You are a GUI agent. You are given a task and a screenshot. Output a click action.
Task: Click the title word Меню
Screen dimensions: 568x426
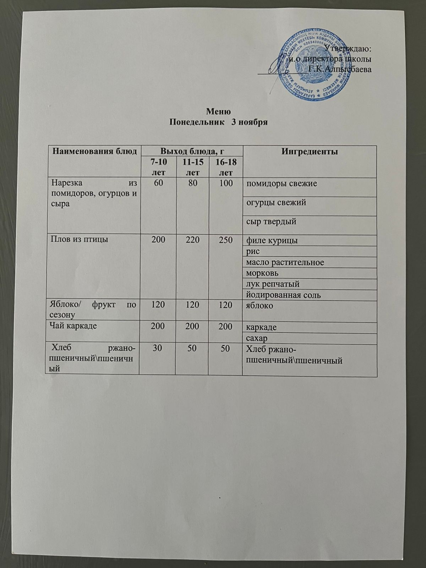pyautogui.click(x=218, y=111)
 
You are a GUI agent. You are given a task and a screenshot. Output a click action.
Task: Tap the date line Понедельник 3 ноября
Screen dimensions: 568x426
pyautogui.click(x=218, y=122)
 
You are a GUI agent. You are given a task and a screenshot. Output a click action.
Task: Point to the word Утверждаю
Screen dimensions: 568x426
pyautogui.click(x=348, y=48)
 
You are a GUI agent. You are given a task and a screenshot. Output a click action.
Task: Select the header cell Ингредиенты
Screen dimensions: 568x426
pyautogui.click(x=309, y=152)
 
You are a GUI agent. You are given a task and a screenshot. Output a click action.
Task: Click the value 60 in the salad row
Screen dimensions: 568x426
pyautogui.click(x=158, y=184)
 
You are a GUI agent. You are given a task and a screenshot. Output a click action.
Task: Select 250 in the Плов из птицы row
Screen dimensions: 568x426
pyautogui.click(x=225, y=240)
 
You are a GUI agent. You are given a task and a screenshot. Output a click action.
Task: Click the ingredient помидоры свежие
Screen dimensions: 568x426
pyautogui.click(x=282, y=184)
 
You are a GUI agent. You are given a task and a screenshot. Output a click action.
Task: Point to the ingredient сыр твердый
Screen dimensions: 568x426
pyautogui.click(x=272, y=222)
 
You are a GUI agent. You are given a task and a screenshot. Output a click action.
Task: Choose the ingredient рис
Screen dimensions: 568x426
pyautogui.click(x=253, y=252)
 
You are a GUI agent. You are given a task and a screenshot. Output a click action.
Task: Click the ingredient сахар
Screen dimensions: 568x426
pyautogui.click(x=257, y=338)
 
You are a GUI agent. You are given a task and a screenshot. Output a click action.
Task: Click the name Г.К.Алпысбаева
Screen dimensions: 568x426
pyautogui.click(x=340, y=69)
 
